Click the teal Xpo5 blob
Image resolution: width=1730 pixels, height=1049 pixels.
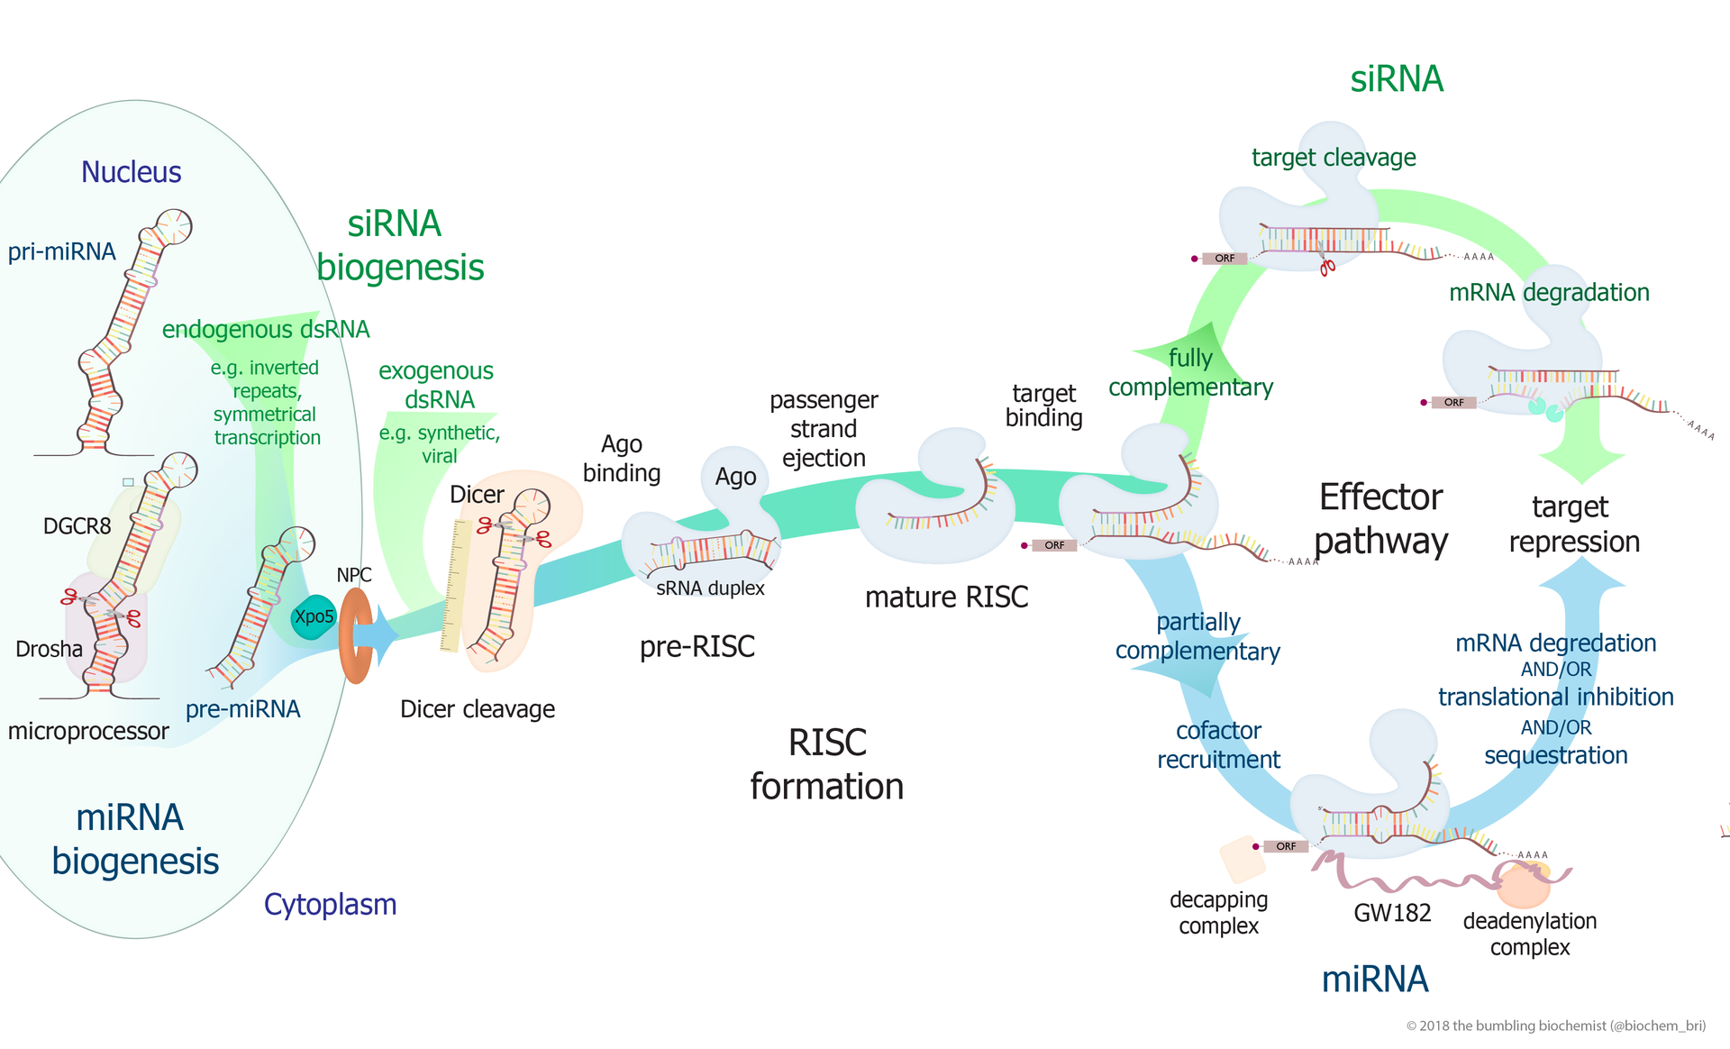click(x=313, y=617)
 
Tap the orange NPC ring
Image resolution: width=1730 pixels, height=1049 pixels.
click(x=355, y=635)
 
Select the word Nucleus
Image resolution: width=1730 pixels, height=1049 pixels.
click(x=131, y=172)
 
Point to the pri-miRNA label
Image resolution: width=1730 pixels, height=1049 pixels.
click(x=61, y=251)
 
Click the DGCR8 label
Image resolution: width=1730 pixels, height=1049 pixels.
click(x=77, y=526)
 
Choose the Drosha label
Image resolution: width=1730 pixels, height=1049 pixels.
click(x=49, y=649)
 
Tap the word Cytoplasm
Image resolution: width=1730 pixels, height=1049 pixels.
click(x=330, y=904)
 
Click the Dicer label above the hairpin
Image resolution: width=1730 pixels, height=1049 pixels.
click(x=477, y=495)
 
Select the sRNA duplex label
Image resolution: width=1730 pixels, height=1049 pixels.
click(x=710, y=588)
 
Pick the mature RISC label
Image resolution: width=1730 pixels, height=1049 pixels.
click(x=946, y=597)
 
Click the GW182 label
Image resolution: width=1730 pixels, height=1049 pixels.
click(x=1392, y=913)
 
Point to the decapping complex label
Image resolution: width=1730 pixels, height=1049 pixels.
click(x=1218, y=912)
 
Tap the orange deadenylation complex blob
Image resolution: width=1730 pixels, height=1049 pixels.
click(x=1523, y=885)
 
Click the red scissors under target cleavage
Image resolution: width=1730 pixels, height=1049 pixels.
click(x=1327, y=266)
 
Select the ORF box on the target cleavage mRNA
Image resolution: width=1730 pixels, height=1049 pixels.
click(x=1225, y=259)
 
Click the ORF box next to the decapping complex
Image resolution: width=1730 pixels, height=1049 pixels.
click(x=1286, y=846)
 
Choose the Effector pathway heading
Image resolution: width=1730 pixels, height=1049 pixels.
click(x=1380, y=519)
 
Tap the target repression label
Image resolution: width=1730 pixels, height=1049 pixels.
click(x=1573, y=524)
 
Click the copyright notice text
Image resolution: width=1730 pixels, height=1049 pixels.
click(x=1555, y=1026)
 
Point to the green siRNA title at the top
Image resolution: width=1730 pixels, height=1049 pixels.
click(x=1396, y=79)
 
